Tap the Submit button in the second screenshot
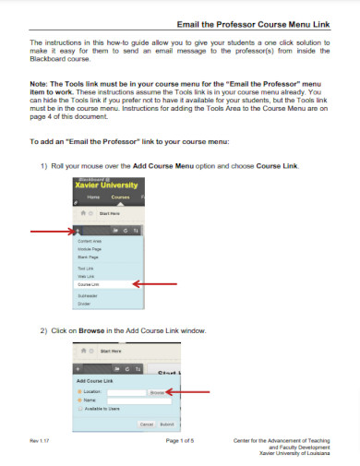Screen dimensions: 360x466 coord(166,424)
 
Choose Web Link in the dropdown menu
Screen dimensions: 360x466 coord(86,275)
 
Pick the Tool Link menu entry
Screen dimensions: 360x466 coord(86,267)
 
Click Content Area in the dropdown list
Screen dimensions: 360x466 coord(90,241)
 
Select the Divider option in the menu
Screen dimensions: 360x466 coord(84,303)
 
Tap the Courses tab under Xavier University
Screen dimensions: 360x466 coord(121,197)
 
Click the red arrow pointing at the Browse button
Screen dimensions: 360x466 coord(189,392)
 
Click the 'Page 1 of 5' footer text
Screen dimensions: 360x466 coord(180,442)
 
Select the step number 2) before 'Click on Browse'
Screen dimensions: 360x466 coord(44,330)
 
